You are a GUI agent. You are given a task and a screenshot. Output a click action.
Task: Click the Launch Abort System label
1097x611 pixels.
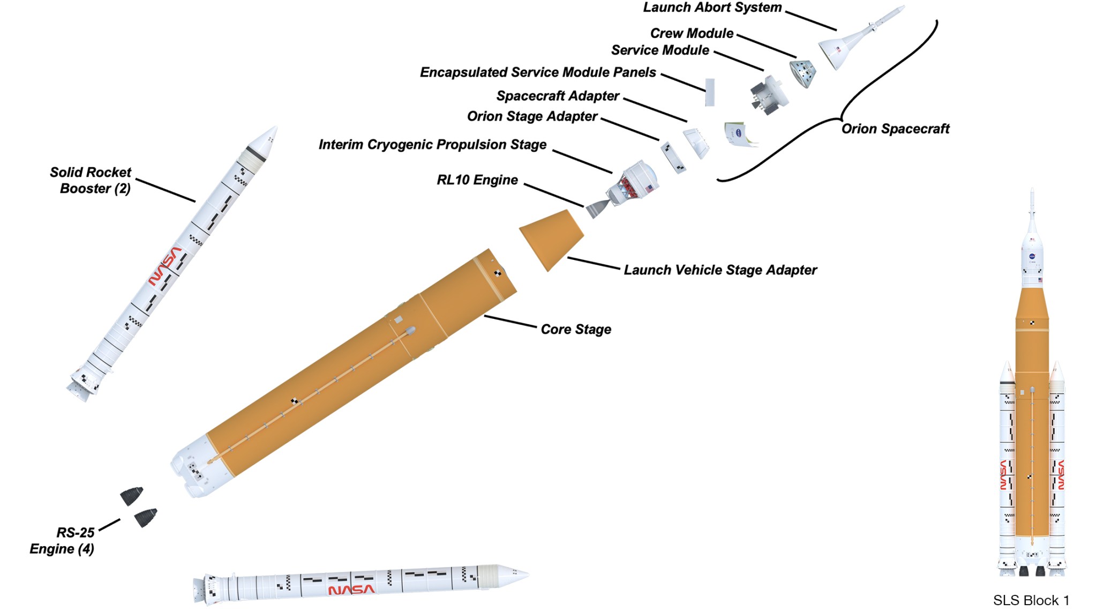(x=712, y=8)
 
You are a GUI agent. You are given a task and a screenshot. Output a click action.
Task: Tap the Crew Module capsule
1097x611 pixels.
(x=802, y=73)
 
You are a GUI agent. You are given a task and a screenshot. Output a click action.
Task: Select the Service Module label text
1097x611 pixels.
(x=660, y=50)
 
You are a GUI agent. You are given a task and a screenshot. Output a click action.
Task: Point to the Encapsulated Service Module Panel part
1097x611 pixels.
(x=710, y=92)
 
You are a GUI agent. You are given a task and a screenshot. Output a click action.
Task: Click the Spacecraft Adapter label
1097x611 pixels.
(x=558, y=96)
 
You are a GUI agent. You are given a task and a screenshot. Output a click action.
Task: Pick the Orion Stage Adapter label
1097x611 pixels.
(x=532, y=116)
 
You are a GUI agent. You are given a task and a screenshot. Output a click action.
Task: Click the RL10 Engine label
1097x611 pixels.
(x=477, y=180)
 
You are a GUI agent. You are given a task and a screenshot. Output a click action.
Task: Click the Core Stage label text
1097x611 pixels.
(x=576, y=329)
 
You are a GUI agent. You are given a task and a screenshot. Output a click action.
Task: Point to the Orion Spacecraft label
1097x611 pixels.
(x=895, y=129)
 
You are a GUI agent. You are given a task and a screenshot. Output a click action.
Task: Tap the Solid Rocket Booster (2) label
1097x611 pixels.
(x=91, y=180)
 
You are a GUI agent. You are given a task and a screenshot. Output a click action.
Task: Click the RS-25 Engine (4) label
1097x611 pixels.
(x=63, y=540)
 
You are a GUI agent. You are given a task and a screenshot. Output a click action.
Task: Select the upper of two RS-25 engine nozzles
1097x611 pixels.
(x=132, y=496)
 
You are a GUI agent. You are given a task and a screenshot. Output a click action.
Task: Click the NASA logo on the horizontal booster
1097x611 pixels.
(x=351, y=590)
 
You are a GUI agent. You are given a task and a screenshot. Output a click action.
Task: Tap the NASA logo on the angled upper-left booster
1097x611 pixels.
(x=164, y=266)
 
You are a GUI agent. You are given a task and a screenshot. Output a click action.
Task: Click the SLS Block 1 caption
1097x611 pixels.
(x=1031, y=600)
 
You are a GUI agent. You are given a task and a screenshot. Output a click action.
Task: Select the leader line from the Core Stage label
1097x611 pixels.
(x=510, y=321)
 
